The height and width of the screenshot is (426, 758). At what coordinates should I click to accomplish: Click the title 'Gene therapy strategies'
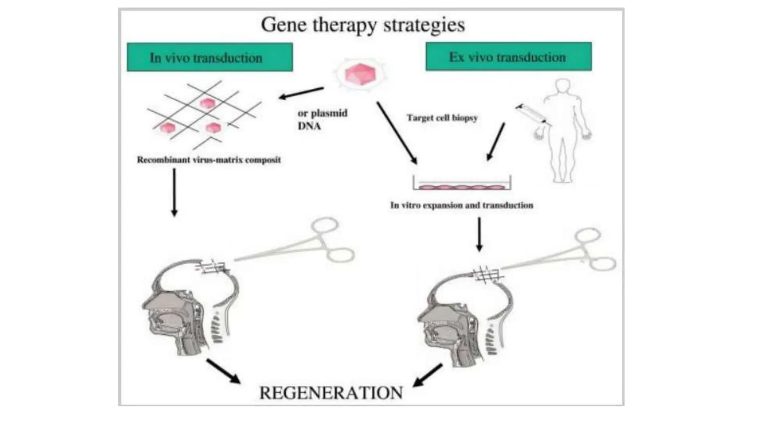[x=363, y=25]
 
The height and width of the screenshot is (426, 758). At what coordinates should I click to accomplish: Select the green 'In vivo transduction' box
[x=209, y=57]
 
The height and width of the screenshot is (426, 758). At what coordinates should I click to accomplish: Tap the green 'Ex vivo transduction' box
[x=508, y=57]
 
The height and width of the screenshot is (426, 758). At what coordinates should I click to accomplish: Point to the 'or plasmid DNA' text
[x=322, y=119]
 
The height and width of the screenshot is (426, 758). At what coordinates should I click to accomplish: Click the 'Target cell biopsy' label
[x=442, y=118]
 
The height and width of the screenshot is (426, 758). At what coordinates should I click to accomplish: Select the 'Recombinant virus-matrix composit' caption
[x=209, y=160]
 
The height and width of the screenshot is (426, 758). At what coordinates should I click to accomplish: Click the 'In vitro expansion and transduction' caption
[x=462, y=205]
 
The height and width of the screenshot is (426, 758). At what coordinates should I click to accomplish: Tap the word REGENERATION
[x=331, y=393]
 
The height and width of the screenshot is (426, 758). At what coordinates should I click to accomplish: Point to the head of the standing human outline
[x=563, y=86]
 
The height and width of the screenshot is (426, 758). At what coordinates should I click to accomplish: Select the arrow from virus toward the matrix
[x=301, y=93]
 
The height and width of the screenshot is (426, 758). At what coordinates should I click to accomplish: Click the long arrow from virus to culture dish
[x=397, y=133]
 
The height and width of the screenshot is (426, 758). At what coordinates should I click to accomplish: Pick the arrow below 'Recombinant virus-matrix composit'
[x=174, y=192]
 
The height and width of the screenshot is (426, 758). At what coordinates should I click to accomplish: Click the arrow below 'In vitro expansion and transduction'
[x=479, y=234]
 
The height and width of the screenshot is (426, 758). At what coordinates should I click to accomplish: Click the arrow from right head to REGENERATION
[x=427, y=375]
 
